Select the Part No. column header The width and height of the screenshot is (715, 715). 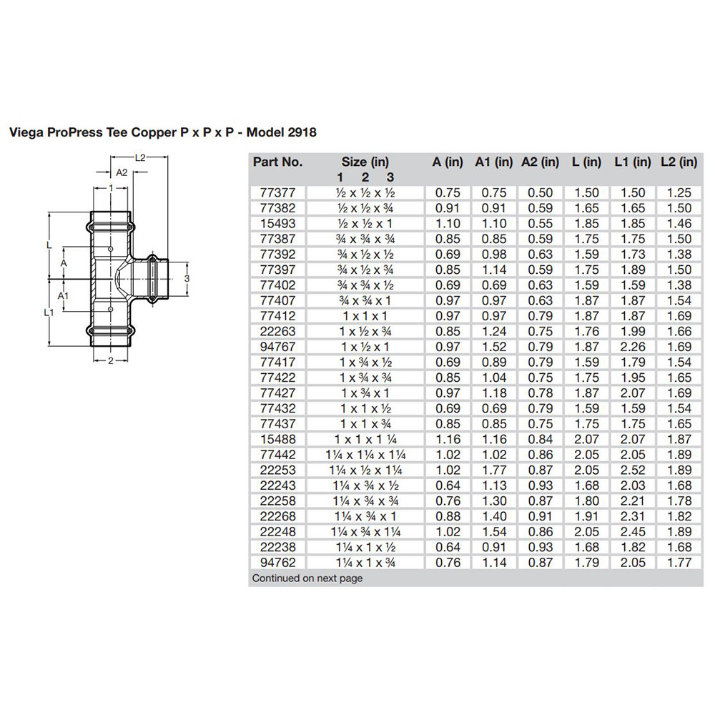tap(277, 162)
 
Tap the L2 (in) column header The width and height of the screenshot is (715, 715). tap(679, 162)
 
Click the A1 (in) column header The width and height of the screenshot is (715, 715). tap(493, 162)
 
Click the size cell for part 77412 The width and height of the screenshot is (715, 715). tap(365, 315)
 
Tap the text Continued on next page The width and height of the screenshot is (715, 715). tap(307, 578)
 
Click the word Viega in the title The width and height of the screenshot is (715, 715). tap(24, 132)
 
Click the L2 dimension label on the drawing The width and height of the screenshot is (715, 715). tap(141, 157)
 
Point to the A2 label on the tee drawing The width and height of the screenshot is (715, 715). tap(122, 172)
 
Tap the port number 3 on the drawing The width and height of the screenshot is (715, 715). tap(186, 277)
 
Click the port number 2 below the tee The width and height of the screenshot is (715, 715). tap(112, 360)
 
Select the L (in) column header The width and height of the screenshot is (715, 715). tap(586, 162)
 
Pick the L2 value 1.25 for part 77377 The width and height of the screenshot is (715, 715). tap(679, 192)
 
